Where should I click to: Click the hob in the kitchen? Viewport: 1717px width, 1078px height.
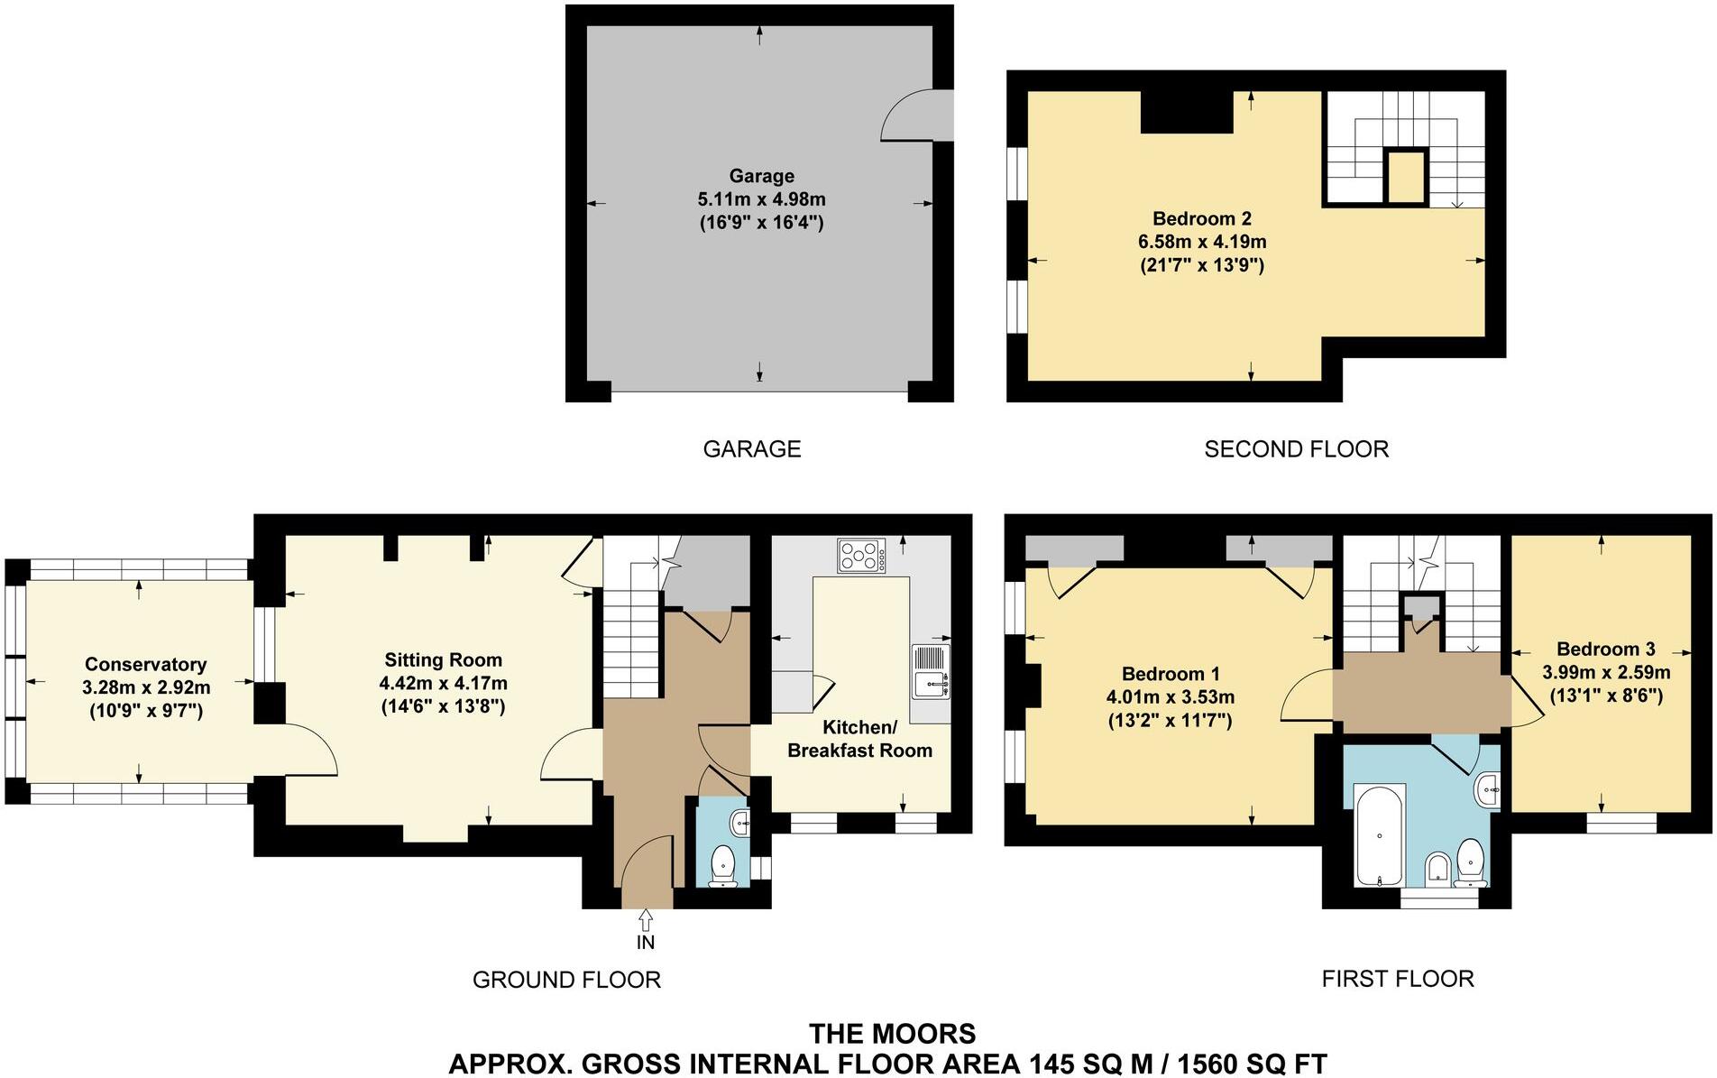pyautogui.click(x=861, y=555)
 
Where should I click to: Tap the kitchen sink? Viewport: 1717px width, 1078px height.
pyautogui.click(x=930, y=671)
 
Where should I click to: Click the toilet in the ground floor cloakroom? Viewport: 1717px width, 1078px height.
pyautogui.click(x=723, y=865)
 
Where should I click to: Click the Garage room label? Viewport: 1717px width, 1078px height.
pyautogui.click(x=762, y=176)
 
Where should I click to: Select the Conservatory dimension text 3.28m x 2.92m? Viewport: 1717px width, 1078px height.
pyautogui.click(x=146, y=687)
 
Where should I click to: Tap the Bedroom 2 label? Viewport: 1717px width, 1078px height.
pyautogui.click(x=1202, y=218)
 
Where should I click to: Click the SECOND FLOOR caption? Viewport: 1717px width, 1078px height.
pyautogui.click(x=1296, y=449)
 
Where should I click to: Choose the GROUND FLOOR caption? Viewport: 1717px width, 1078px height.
pyautogui.click(x=566, y=980)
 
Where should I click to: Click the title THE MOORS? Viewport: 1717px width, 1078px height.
pyautogui.click(x=892, y=1034)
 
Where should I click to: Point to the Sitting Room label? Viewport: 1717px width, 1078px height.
pyautogui.click(x=443, y=659)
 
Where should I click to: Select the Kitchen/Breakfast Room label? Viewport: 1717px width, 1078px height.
pyautogui.click(x=859, y=739)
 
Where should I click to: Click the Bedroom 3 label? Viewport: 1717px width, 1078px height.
pyautogui.click(x=1605, y=649)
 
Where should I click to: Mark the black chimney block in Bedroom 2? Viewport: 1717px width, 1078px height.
pyautogui.click(x=1187, y=113)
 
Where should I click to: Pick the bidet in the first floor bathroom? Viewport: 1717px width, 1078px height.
pyautogui.click(x=1437, y=869)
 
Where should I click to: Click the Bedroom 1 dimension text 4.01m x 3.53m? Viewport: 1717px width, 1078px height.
pyautogui.click(x=1170, y=697)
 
